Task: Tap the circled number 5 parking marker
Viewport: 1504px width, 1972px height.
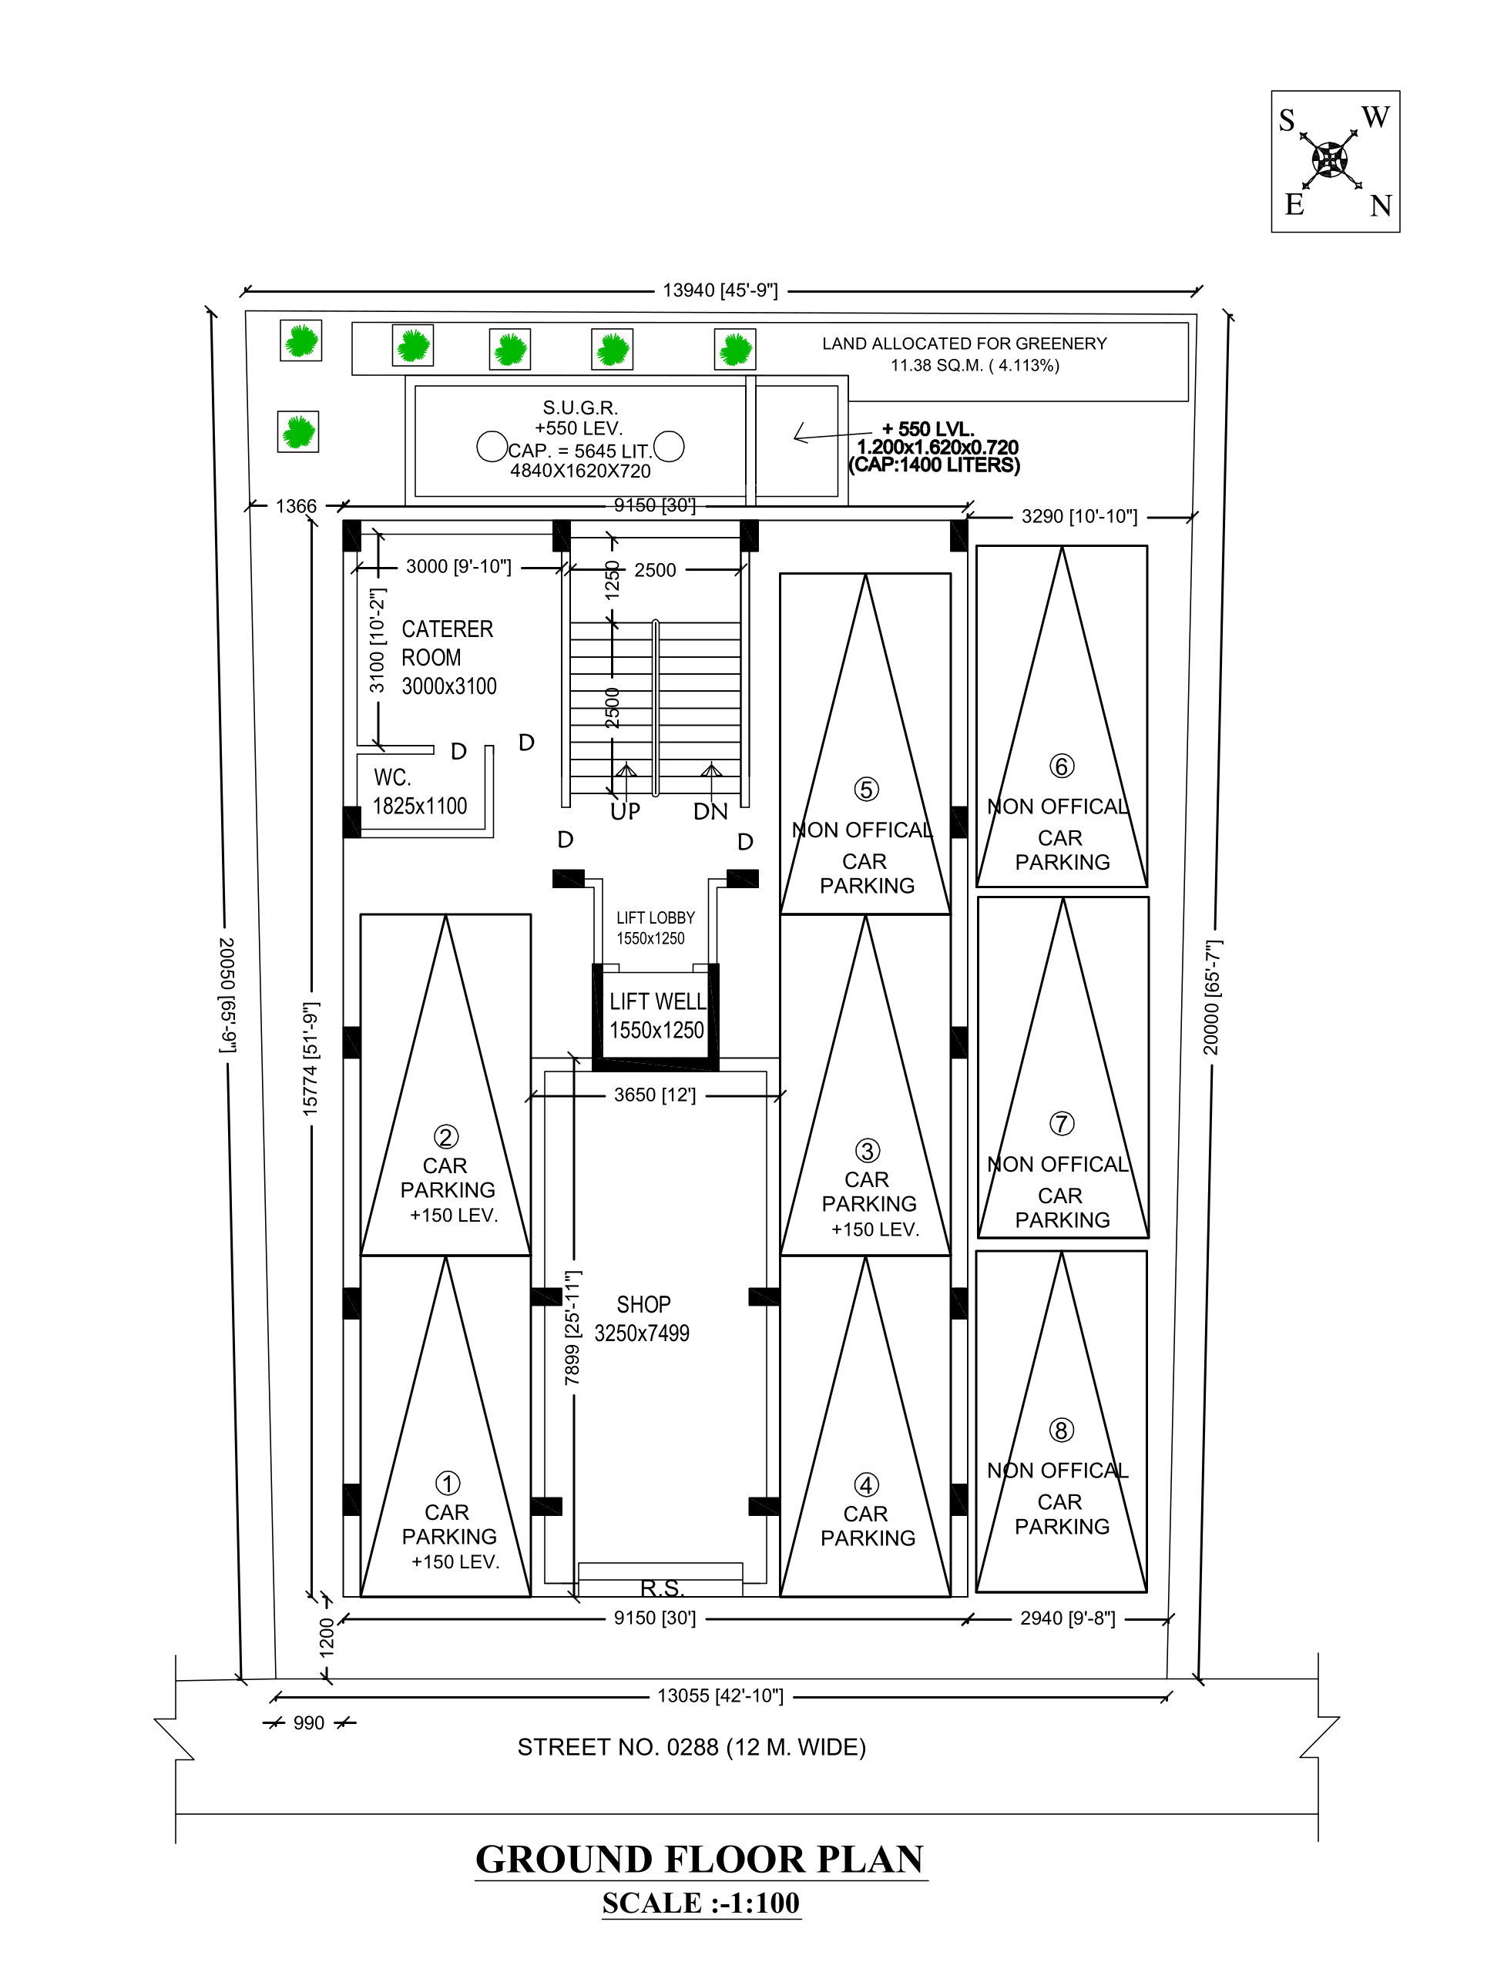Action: (866, 789)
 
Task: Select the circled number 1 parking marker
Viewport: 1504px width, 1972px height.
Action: (448, 1484)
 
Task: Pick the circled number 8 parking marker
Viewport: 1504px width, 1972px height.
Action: (1061, 1430)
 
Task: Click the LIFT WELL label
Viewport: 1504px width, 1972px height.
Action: (657, 1016)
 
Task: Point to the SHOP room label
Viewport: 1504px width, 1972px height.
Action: (643, 1319)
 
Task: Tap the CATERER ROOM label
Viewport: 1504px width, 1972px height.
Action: (448, 657)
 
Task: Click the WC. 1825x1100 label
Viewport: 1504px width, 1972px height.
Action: (419, 792)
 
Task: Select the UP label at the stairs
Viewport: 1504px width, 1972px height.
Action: (625, 812)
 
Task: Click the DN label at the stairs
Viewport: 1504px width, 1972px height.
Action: (711, 812)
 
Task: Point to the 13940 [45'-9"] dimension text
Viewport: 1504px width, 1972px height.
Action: (720, 291)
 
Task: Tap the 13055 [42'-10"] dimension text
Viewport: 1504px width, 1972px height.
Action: (720, 1695)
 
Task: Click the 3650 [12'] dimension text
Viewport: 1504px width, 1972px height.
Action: (654, 1095)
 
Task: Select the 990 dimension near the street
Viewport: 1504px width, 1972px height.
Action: (309, 1723)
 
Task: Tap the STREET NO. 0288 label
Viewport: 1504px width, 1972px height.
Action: (691, 1747)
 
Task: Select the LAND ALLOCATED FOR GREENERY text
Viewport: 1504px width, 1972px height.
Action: (964, 354)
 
